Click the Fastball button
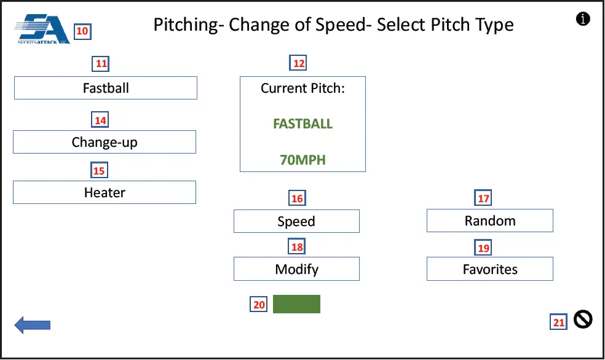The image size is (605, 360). [106, 88]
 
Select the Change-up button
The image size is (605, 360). [105, 142]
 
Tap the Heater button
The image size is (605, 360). [105, 192]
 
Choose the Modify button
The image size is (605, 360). [296, 269]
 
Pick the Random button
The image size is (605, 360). [490, 221]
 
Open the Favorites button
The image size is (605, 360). [490, 269]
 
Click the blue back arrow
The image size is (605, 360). [32, 324]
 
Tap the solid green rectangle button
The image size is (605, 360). [296, 304]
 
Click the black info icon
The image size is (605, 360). [583, 19]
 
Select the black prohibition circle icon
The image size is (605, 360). [583, 319]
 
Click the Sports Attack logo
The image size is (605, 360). [42, 28]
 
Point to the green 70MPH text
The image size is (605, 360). [302, 160]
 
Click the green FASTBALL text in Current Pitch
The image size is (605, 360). [302, 123]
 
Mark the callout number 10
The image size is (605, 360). [82, 31]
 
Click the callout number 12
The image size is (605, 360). [298, 63]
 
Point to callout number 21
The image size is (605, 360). [558, 322]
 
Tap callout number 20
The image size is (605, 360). [259, 305]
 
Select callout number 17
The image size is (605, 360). [484, 198]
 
